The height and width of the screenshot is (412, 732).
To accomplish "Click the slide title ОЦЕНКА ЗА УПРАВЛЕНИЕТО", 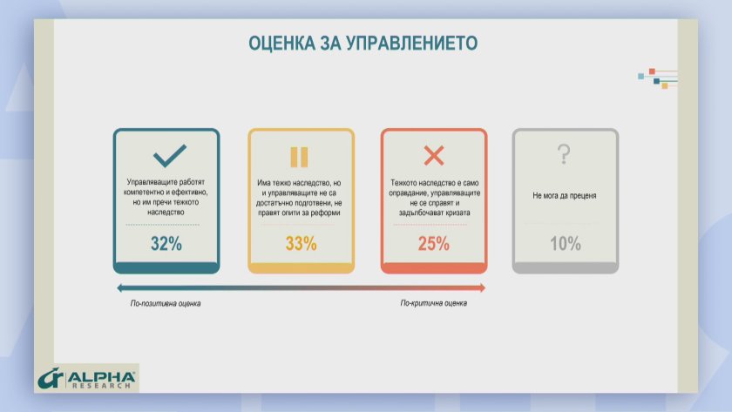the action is [363, 43].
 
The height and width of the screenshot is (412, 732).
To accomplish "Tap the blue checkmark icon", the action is [169, 155].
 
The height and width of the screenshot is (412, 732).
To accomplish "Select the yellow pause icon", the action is [299, 157].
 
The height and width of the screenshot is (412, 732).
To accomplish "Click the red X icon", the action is [434, 155].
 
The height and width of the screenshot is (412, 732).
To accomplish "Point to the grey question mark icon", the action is [564, 154].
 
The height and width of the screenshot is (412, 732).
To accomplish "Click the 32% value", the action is [166, 244].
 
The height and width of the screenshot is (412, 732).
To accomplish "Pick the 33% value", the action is [302, 244].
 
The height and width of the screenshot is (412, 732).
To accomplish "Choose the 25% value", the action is [434, 244].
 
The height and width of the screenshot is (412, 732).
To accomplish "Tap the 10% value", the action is [566, 244].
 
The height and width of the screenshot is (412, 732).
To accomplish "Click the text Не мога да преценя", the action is [565, 195].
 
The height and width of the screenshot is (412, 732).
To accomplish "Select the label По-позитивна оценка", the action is [166, 303].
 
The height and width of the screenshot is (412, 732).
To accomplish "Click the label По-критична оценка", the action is [434, 303].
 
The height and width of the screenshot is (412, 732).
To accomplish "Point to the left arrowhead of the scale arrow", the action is [119, 288].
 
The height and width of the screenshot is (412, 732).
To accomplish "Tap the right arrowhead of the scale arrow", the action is [483, 288].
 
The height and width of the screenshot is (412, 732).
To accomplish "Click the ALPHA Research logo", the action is [87, 379].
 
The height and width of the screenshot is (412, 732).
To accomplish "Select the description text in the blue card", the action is [166, 197].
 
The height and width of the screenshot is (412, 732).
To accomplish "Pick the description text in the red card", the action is [434, 198].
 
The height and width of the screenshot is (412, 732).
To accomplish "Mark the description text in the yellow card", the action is [299, 198].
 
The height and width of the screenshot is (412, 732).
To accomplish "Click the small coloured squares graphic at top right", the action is [657, 78].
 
